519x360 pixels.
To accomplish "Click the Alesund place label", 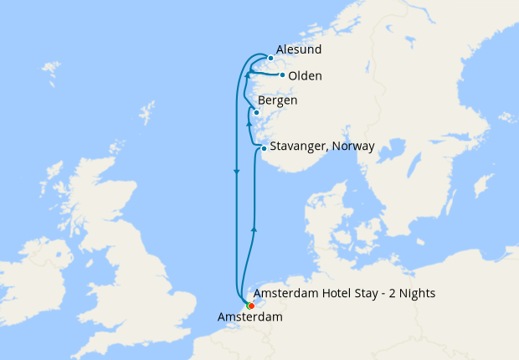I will [x=298, y=50].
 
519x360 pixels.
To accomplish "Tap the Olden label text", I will [x=305, y=76].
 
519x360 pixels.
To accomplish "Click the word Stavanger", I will [x=299, y=147].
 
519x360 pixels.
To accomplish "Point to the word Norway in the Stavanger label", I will [x=354, y=147].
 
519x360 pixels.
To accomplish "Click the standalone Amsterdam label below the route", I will [x=249, y=317].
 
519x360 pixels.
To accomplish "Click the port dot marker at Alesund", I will [x=270, y=59].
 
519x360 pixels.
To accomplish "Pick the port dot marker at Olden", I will [x=283, y=75].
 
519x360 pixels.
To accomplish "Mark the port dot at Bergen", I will [x=257, y=113].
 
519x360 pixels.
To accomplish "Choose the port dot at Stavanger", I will [x=264, y=149].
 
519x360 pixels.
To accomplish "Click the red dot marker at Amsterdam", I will [x=250, y=306].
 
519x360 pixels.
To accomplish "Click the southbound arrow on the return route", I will [x=237, y=173].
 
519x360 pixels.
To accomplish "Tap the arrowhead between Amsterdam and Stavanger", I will [x=254, y=227].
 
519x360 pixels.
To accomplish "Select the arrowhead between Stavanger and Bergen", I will [x=248, y=123].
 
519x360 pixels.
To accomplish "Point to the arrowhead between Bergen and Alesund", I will [x=247, y=77].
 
